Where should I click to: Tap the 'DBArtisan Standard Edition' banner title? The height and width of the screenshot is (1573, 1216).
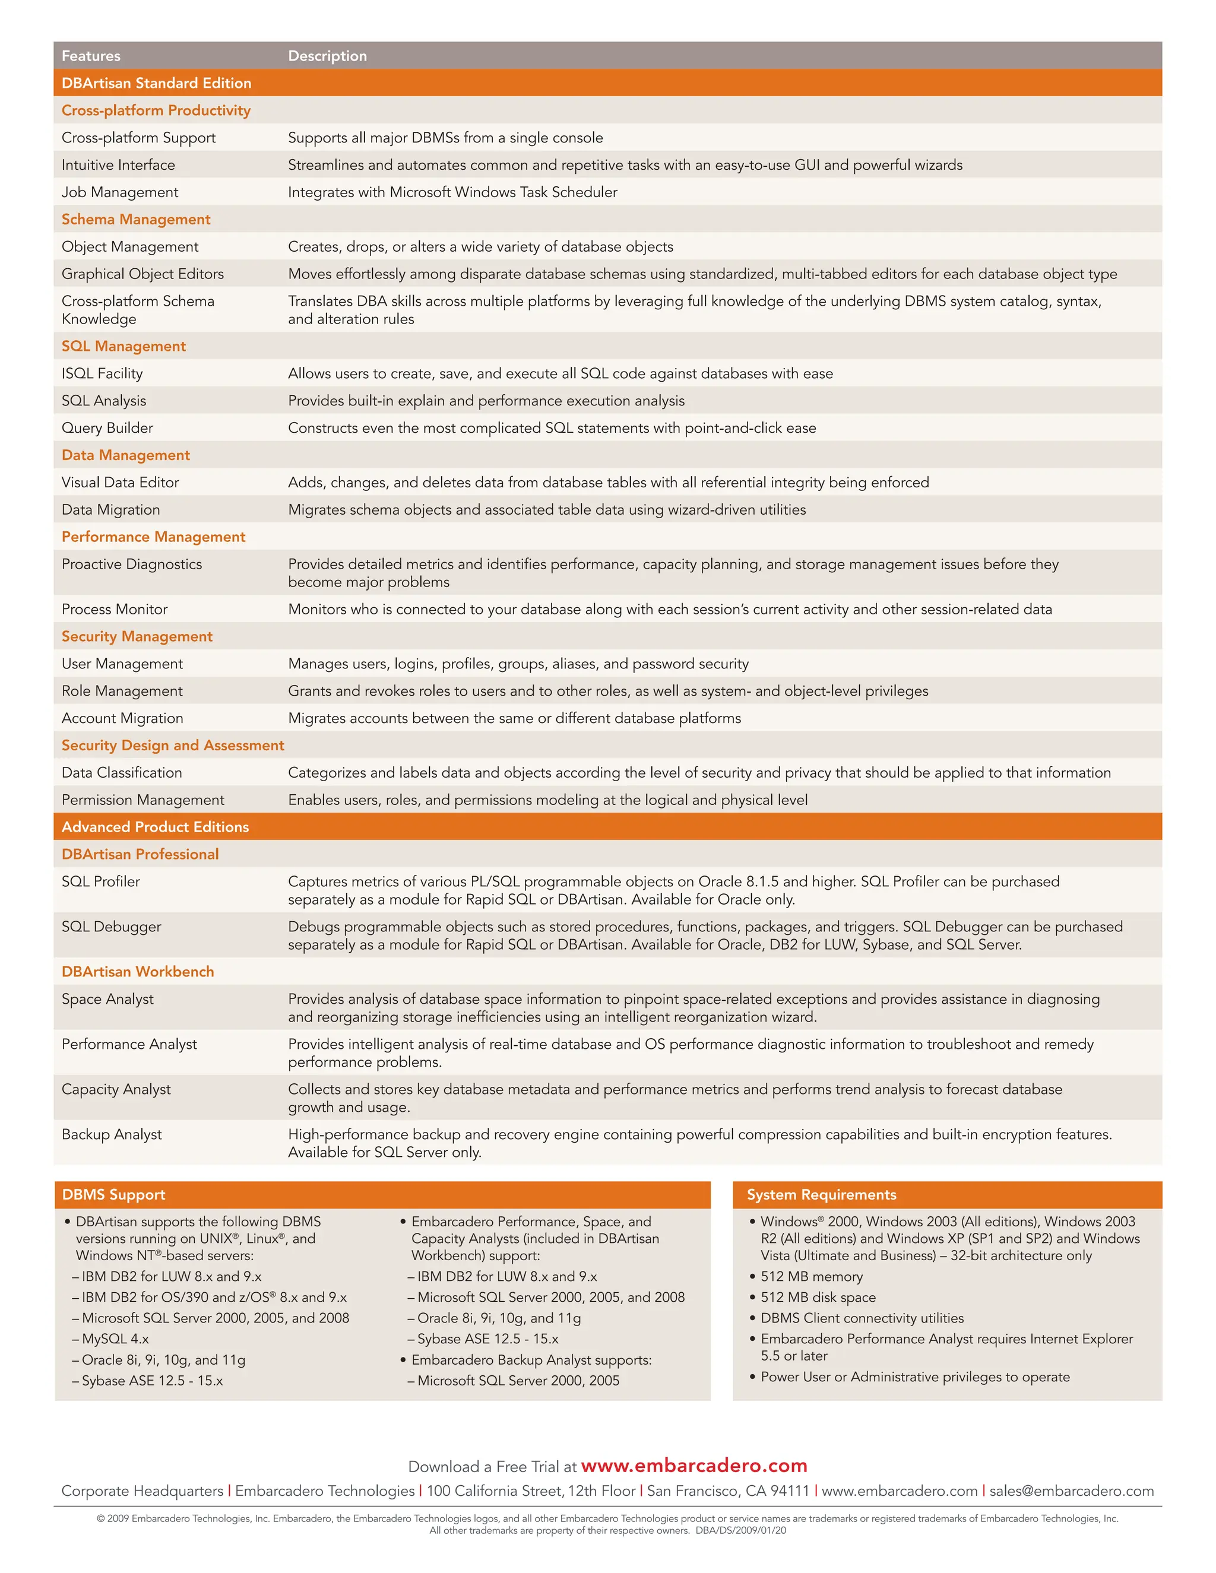pyautogui.click(x=156, y=83)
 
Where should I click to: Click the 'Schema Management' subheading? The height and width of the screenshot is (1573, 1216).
pyautogui.click(x=135, y=219)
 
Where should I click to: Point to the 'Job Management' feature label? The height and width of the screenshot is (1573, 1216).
pyautogui.click(x=119, y=192)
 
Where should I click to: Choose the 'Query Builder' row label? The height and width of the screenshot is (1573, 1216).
pyautogui.click(x=107, y=428)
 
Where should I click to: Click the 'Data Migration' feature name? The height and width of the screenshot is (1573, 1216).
pyautogui.click(x=111, y=509)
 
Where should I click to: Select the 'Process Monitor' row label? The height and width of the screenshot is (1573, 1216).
pyautogui.click(x=115, y=610)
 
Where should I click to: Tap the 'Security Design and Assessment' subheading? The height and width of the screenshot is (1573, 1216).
pyautogui.click(x=173, y=746)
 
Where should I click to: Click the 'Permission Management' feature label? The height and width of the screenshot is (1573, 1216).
pyautogui.click(x=142, y=800)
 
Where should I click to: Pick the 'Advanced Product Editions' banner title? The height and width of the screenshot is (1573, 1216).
pyautogui.click(x=155, y=827)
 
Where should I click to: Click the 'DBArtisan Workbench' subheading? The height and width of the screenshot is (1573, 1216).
pyautogui.click(x=138, y=972)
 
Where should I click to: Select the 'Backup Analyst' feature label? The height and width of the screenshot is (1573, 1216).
pyautogui.click(x=112, y=1134)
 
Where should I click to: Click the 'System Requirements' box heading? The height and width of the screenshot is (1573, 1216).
pyautogui.click(x=821, y=1194)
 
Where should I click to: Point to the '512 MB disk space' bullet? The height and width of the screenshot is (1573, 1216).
pyautogui.click(x=818, y=1297)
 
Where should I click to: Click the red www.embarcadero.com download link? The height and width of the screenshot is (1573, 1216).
pyautogui.click(x=693, y=1466)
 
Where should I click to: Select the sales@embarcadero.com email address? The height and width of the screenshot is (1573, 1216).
pyautogui.click(x=1071, y=1491)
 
